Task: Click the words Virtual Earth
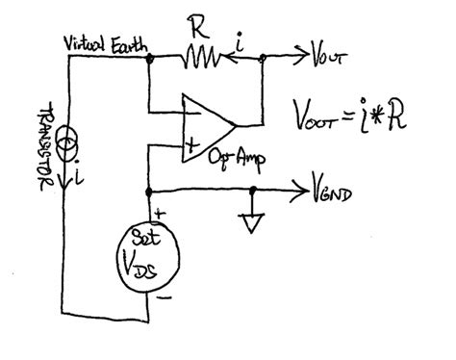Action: pos(104,45)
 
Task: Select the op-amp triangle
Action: pos(206,124)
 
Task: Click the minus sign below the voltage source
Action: pos(164,298)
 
